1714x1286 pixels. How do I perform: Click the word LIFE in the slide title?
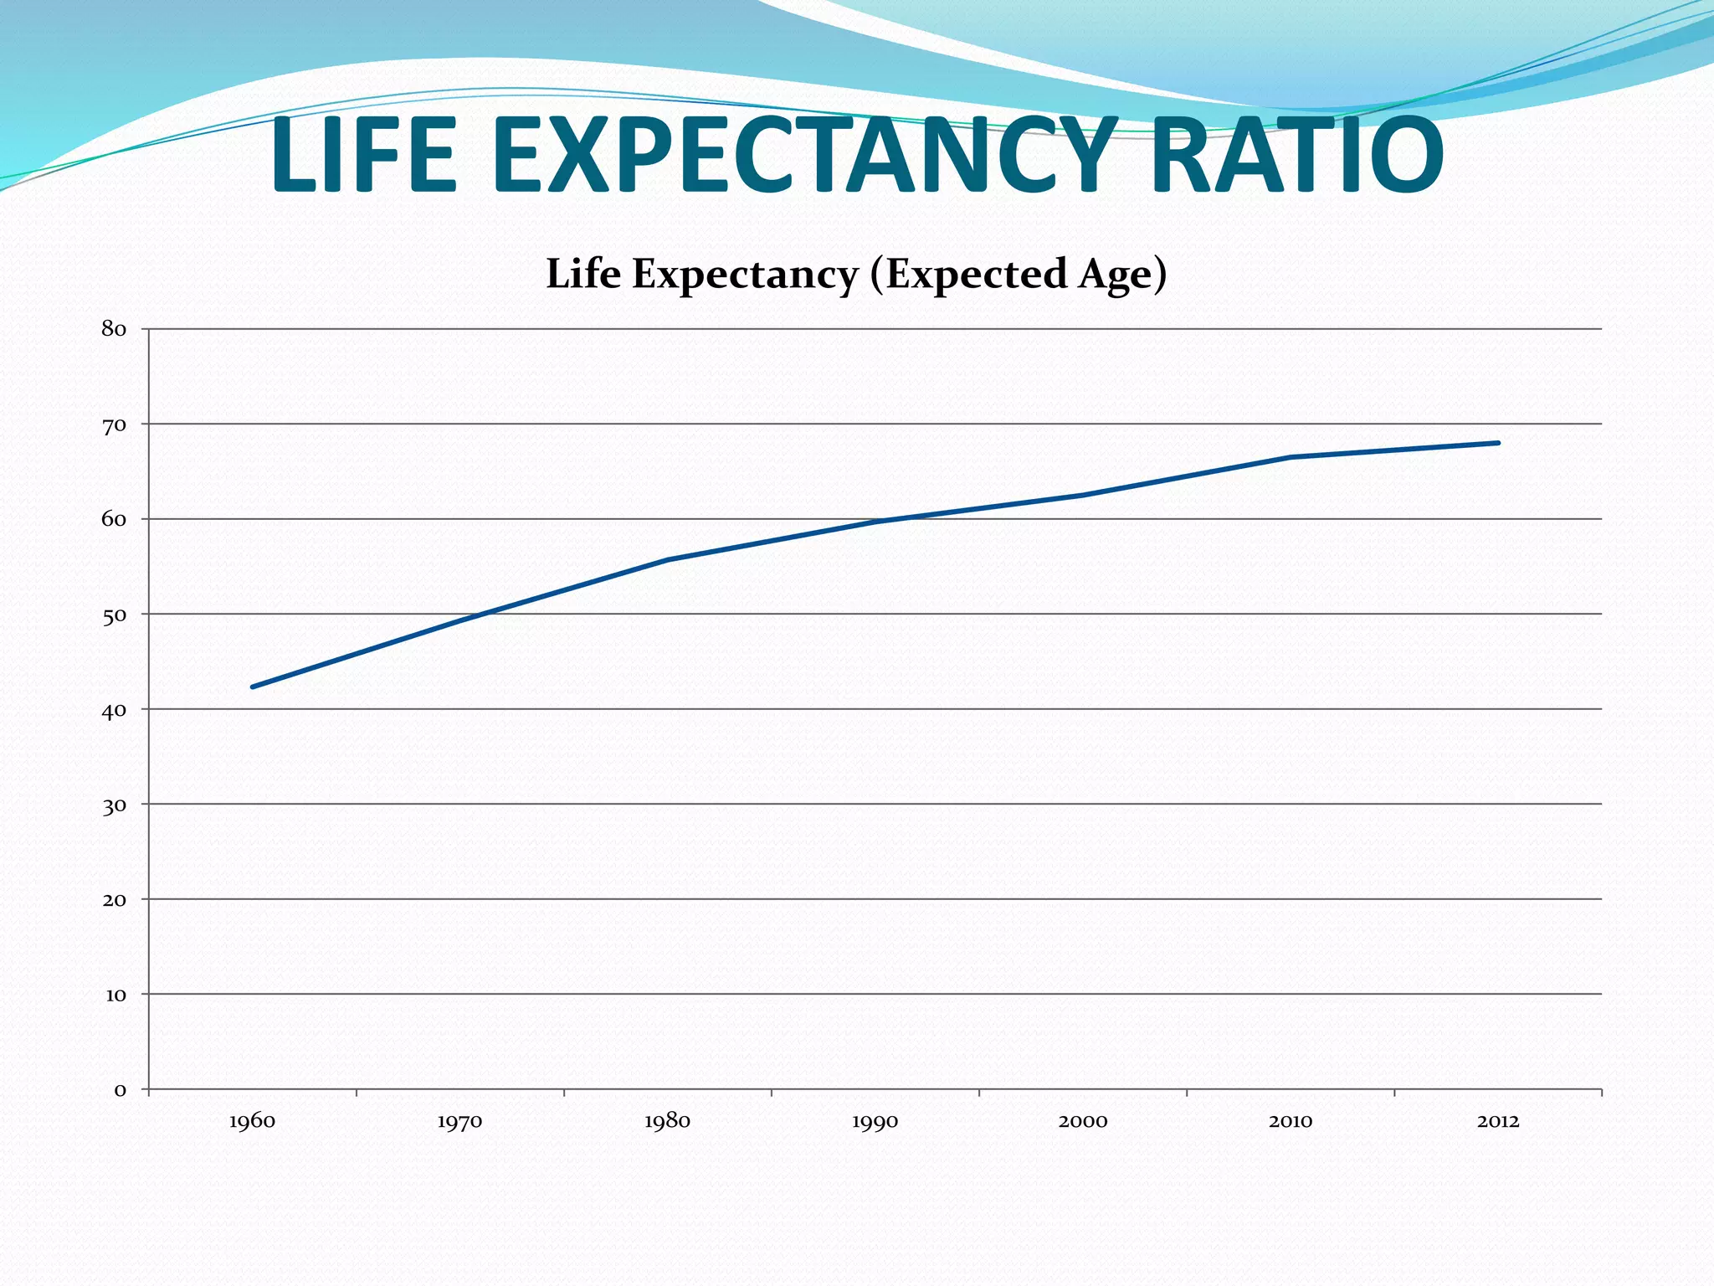coord(363,157)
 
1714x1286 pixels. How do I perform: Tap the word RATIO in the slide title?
coord(1297,157)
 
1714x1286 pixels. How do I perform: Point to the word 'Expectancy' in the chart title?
coord(745,275)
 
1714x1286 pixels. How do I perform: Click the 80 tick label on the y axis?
coord(114,329)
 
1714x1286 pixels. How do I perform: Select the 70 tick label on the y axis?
coord(114,425)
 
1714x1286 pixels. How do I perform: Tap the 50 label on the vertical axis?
coord(114,615)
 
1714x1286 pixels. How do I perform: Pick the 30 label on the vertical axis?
coord(114,805)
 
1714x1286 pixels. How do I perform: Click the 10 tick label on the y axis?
coord(115,995)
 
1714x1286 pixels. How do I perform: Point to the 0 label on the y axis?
coord(121,1090)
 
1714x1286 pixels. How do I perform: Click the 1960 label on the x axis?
coord(252,1122)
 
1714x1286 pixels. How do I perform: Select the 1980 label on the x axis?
coord(667,1122)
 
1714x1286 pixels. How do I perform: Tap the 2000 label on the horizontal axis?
coord(1082,1122)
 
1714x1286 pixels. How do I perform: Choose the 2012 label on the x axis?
coord(1497,1122)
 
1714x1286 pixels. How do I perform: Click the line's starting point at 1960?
coord(253,687)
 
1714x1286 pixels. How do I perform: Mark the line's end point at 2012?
coord(1497,443)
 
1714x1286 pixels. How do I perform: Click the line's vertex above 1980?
coord(668,559)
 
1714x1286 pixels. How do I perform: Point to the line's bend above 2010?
coord(1291,457)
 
